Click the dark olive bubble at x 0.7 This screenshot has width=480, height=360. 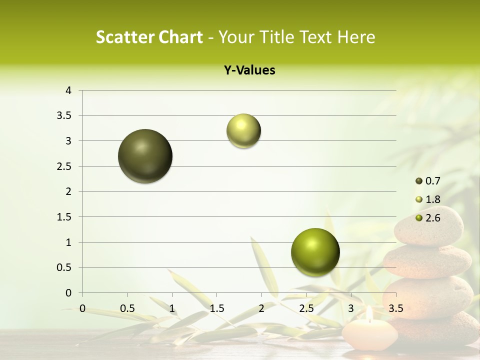(145, 156)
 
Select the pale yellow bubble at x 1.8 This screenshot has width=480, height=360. (243, 131)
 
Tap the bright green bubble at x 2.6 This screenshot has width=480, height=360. (315, 252)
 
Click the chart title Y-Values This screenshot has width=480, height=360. (249, 70)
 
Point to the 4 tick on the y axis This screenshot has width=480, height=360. (68, 90)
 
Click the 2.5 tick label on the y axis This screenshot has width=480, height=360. (64, 166)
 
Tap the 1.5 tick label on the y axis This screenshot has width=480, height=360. (64, 217)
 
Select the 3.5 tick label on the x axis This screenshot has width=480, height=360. (395, 307)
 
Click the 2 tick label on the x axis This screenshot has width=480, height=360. (261, 307)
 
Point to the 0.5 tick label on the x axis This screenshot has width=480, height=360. (127, 307)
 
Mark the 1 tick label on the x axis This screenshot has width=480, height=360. (172, 307)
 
